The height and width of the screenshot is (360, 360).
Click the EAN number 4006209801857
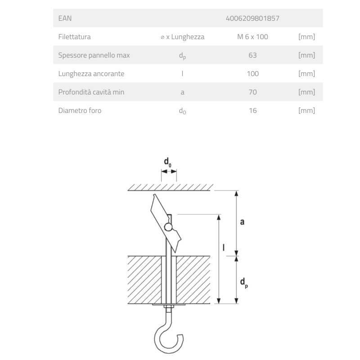252,18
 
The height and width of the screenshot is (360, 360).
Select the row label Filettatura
74,37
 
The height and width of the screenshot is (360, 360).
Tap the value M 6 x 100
252,37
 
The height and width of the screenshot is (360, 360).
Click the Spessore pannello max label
94,55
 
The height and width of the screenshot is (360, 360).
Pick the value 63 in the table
252,55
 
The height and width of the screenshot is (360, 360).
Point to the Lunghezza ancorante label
91,74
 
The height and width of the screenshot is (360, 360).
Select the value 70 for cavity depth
252,92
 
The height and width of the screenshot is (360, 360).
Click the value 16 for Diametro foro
252,110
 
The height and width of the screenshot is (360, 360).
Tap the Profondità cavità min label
91,92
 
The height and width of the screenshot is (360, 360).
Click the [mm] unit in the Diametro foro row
306,110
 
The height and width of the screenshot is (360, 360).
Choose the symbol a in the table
182,92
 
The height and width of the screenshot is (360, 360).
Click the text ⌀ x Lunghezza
182,37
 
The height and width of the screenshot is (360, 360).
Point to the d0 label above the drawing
167,162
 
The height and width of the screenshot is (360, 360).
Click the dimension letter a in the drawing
242,222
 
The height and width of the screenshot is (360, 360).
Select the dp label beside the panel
244,283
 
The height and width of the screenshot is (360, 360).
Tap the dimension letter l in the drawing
224,247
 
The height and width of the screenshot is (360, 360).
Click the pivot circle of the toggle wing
168,227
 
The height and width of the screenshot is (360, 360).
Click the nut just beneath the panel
168,307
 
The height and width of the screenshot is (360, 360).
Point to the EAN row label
65,18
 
